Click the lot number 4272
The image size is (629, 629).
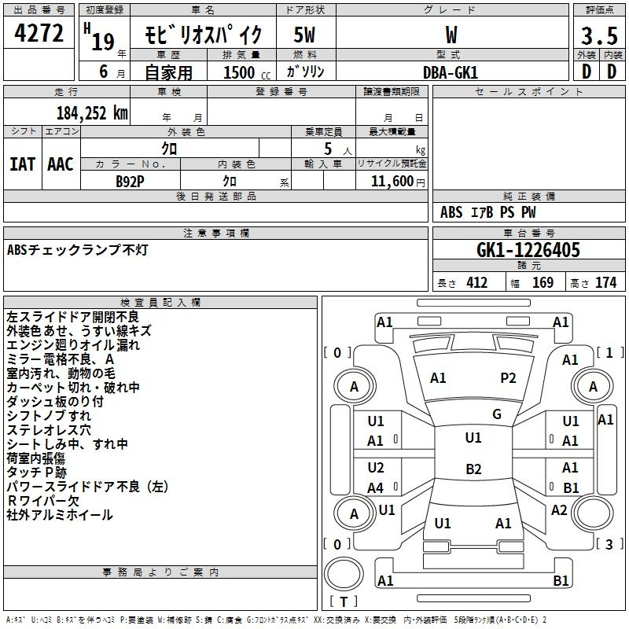coord(39,35)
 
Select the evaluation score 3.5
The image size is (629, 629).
coord(598,36)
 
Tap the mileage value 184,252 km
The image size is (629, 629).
coord(92,112)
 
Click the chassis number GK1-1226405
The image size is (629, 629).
coord(528,250)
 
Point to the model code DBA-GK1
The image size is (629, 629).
coord(450,72)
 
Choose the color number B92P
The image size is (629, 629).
coord(131,181)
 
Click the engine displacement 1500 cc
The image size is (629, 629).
coord(245,72)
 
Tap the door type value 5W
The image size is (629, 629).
coord(305,35)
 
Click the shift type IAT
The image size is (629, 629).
coord(22,164)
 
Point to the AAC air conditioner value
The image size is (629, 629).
coord(61,164)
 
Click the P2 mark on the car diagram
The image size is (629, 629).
coord(508,378)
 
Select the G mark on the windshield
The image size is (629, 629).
coord(497,414)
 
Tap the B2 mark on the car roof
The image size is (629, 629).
coord(473,469)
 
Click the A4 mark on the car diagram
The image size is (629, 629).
coord(376,487)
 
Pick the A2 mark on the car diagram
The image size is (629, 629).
coord(559,510)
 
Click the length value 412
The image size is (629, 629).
coord(476,282)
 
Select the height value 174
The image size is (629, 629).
coord(606,282)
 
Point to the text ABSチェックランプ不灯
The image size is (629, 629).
coord(77,250)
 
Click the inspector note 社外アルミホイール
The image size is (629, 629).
coord(60,515)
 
